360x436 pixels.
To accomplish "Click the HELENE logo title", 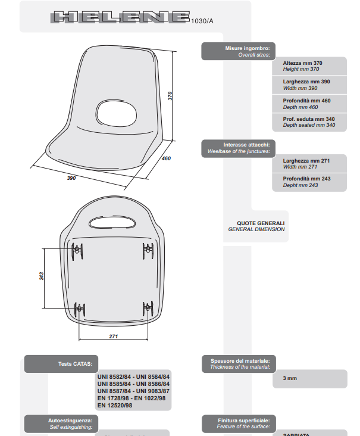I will (121, 18).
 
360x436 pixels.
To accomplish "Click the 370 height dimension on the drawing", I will (170, 96).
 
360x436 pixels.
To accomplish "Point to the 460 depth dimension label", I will (166, 158).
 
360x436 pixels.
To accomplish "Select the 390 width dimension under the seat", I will (71, 178).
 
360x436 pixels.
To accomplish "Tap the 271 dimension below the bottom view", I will (113, 336).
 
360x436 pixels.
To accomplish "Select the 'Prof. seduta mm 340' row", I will (309, 122).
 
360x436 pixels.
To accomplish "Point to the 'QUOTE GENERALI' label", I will (256, 226).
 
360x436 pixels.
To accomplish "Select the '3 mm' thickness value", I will (290, 378).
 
